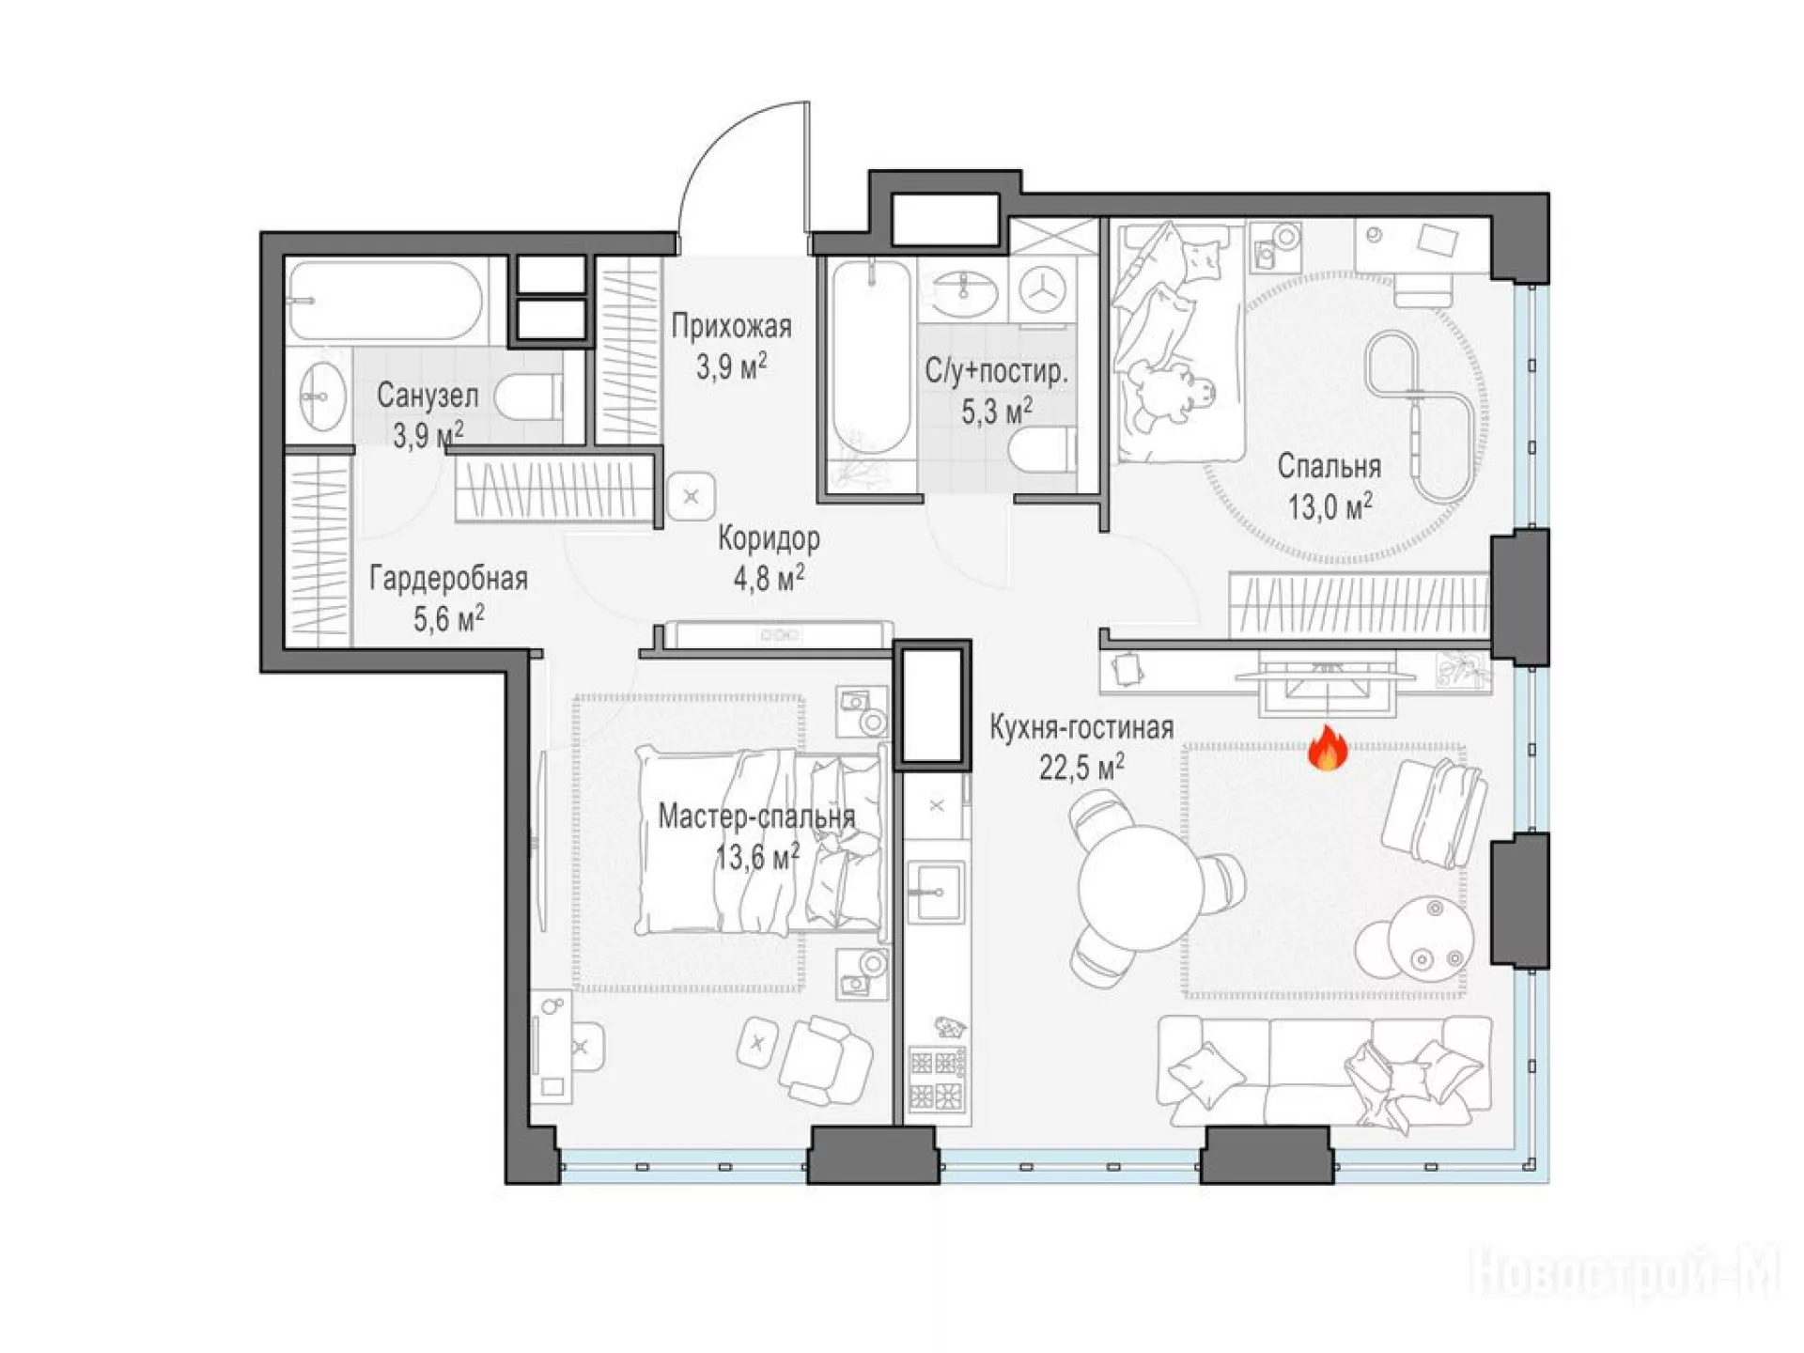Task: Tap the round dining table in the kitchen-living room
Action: pyautogui.click(x=1140, y=887)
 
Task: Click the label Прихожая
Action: pyautogui.click(x=731, y=326)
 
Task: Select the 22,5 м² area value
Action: pyautogui.click(x=1081, y=768)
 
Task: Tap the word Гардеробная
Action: pyautogui.click(x=448, y=578)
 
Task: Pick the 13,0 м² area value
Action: pyautogui.click(x=1330, y=506)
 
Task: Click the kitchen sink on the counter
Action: pyautogui.click(x=936, y=891)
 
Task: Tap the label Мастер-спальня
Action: pyautogui.click(x=756, y=816)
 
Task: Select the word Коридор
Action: pyautogui.click(x=769, y=538)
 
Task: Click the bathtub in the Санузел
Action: pyautogui.click(x=385, y=301)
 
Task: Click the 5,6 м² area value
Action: pyautogui.click(x=449, y=619)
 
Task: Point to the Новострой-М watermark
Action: pyautogui.click(x=1624, y=1272)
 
